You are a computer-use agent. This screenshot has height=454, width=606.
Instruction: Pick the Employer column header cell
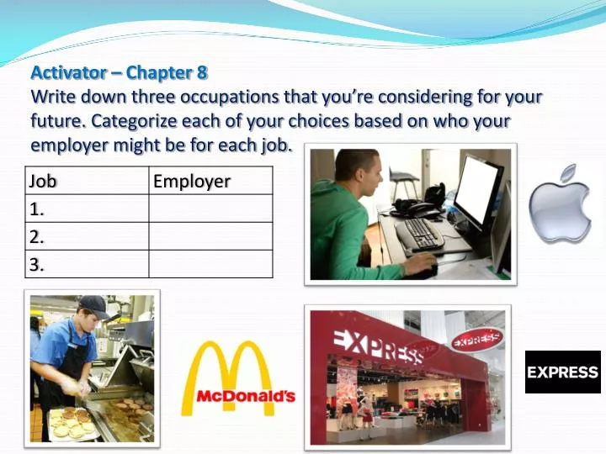pyautogui.click(x=210, y=181)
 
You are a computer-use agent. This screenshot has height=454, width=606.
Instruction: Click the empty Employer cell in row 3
pyautogui.click(x=210, y=264)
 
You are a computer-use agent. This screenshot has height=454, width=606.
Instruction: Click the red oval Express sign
pyautogui.click(x=476, y=340)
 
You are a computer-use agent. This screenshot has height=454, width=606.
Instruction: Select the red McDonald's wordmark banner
pyautogui.click(x=245, y=395)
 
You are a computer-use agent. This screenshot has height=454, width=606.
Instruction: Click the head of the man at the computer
pyautogui.click(x=357, y=174)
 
